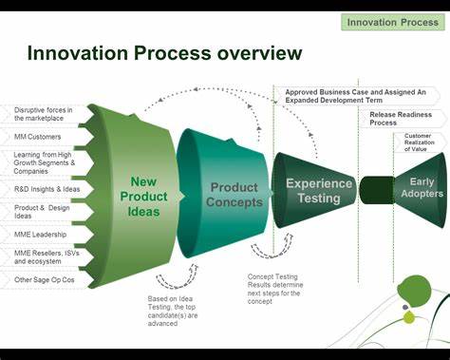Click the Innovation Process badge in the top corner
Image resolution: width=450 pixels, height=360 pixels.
(393, 22)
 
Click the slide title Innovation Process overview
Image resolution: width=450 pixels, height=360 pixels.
(165, 53)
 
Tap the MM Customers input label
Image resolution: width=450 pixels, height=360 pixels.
(38, 138)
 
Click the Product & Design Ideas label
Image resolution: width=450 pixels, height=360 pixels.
(42, 212)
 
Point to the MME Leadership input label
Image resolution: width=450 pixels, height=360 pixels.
(41, 233)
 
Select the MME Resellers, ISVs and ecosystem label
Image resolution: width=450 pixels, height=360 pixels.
(46, 256)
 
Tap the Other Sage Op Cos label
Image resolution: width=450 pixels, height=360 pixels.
(44, 279)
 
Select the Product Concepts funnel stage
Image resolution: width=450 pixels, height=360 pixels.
(234, 194)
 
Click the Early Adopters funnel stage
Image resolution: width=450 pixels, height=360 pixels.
(421, 187)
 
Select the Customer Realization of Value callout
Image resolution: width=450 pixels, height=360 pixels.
(419, 143)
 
